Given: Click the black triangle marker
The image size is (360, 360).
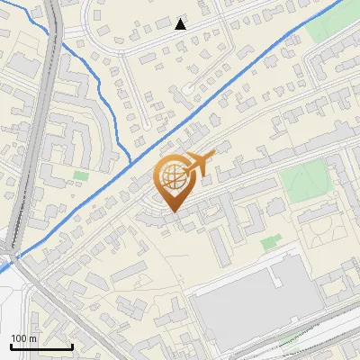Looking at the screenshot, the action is (181, 24).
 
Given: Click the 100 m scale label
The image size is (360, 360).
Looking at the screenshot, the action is (23, 338).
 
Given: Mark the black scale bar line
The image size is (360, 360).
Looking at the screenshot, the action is (41, 346).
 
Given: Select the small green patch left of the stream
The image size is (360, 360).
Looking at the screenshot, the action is (81, 175).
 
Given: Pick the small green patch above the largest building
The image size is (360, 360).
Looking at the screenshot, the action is (271, 242).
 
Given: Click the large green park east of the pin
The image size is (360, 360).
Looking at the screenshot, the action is (305, 182).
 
